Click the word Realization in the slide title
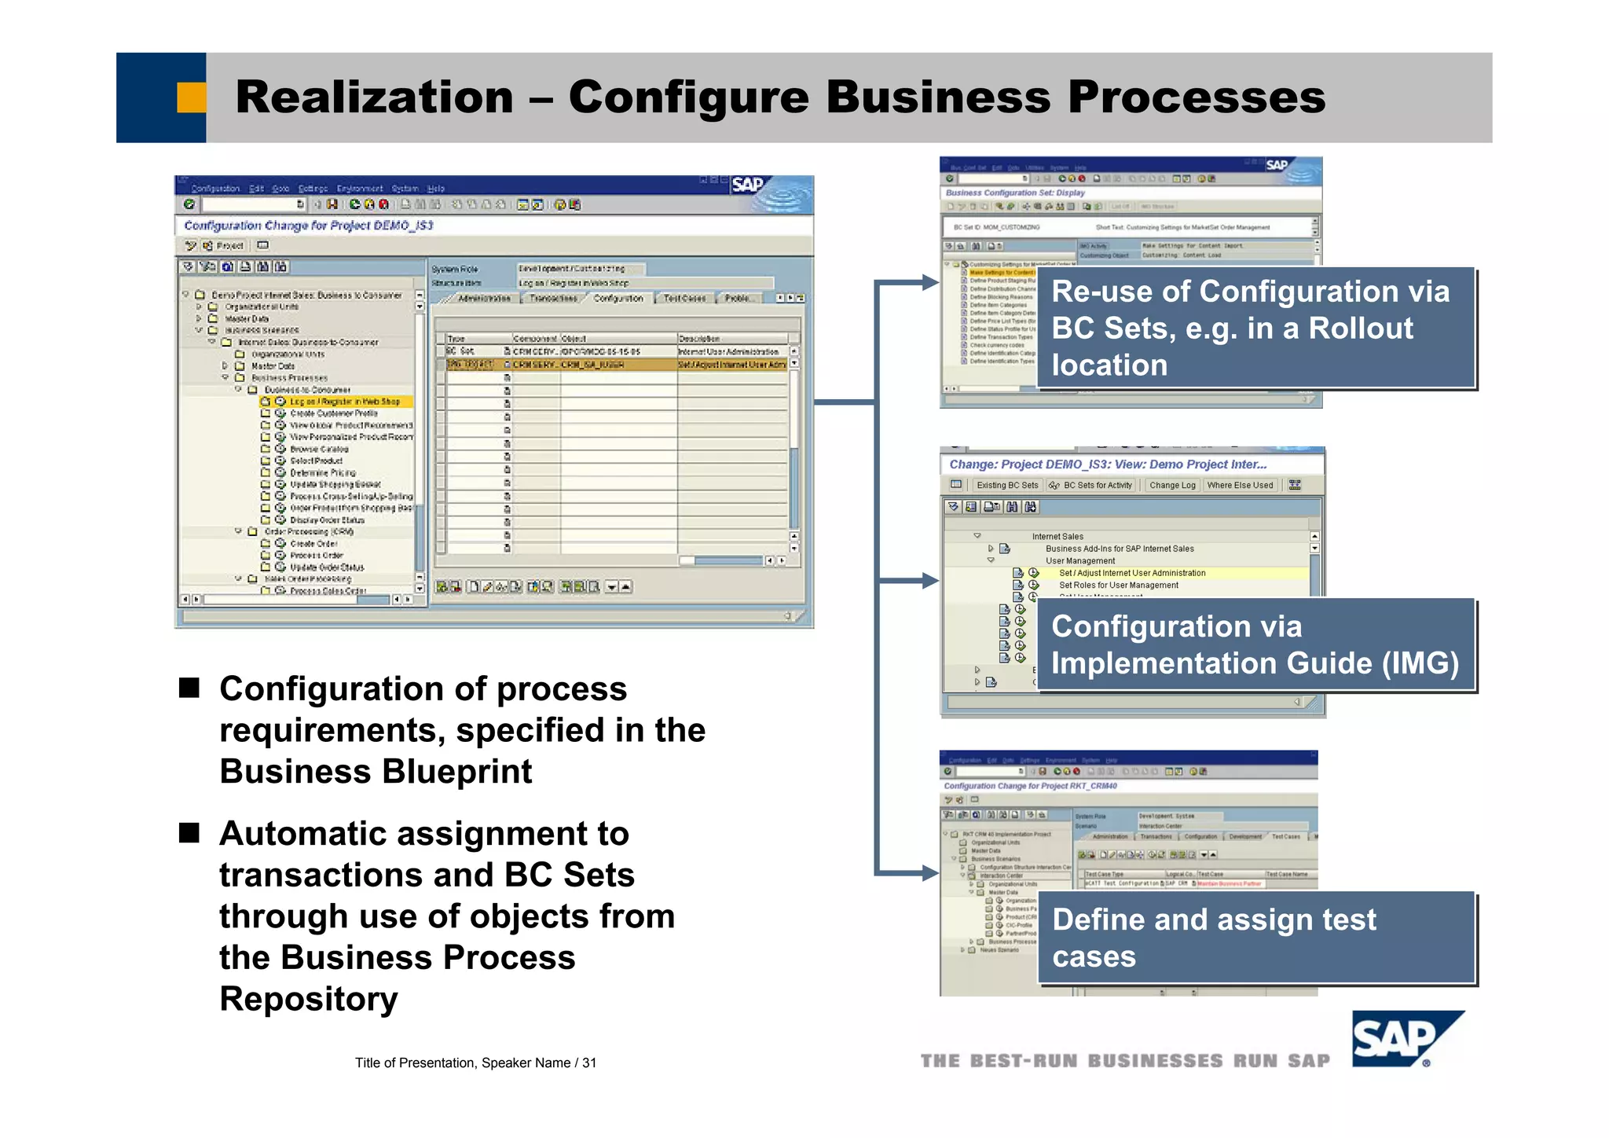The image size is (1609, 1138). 374,97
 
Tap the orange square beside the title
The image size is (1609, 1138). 191,97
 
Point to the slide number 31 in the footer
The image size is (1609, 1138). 589,1063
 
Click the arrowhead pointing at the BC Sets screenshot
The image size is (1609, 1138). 930,282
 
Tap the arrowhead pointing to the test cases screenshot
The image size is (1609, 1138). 930,872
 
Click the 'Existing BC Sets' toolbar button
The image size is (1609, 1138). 1007,486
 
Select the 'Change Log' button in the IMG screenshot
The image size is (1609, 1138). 1172,486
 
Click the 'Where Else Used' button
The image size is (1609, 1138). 1240,486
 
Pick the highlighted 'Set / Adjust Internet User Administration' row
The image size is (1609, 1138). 1131,573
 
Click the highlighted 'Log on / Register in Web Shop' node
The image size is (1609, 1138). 344,402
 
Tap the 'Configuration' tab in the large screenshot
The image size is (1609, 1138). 618,299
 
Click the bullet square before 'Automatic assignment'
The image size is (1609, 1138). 189,832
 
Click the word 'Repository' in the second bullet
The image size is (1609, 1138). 309,999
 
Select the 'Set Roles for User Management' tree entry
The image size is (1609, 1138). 1118,586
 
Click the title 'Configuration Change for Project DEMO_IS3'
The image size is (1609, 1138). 308,226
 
